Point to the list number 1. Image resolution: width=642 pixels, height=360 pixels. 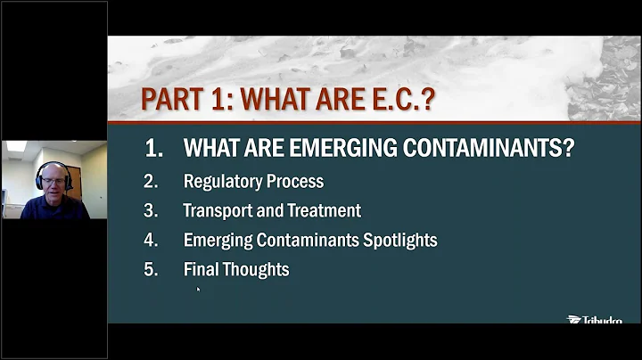click(x=153, y=149)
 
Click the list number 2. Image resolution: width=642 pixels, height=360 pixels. click(x=151, y=182)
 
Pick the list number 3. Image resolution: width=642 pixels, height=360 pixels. click(x=151, y=211)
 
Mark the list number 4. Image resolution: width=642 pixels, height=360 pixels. click(x=151, y=240)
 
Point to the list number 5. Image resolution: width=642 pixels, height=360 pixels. click(x=151, y=269)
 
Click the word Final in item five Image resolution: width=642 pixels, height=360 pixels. click(x=201, y=269)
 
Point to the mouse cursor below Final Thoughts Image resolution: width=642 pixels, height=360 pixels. click(x=198, y=290)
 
